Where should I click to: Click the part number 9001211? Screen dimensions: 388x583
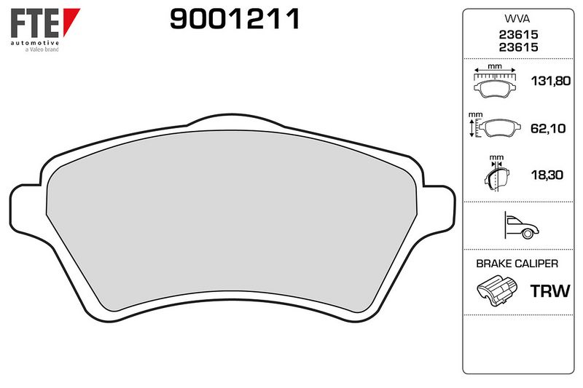pos(235,20)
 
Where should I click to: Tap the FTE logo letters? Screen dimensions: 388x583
pos(34,24)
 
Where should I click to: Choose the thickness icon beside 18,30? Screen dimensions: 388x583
pos(495,173)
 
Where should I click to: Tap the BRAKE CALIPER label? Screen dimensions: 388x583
pos(516,264)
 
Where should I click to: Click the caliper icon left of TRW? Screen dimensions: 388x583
pos(496,292)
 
